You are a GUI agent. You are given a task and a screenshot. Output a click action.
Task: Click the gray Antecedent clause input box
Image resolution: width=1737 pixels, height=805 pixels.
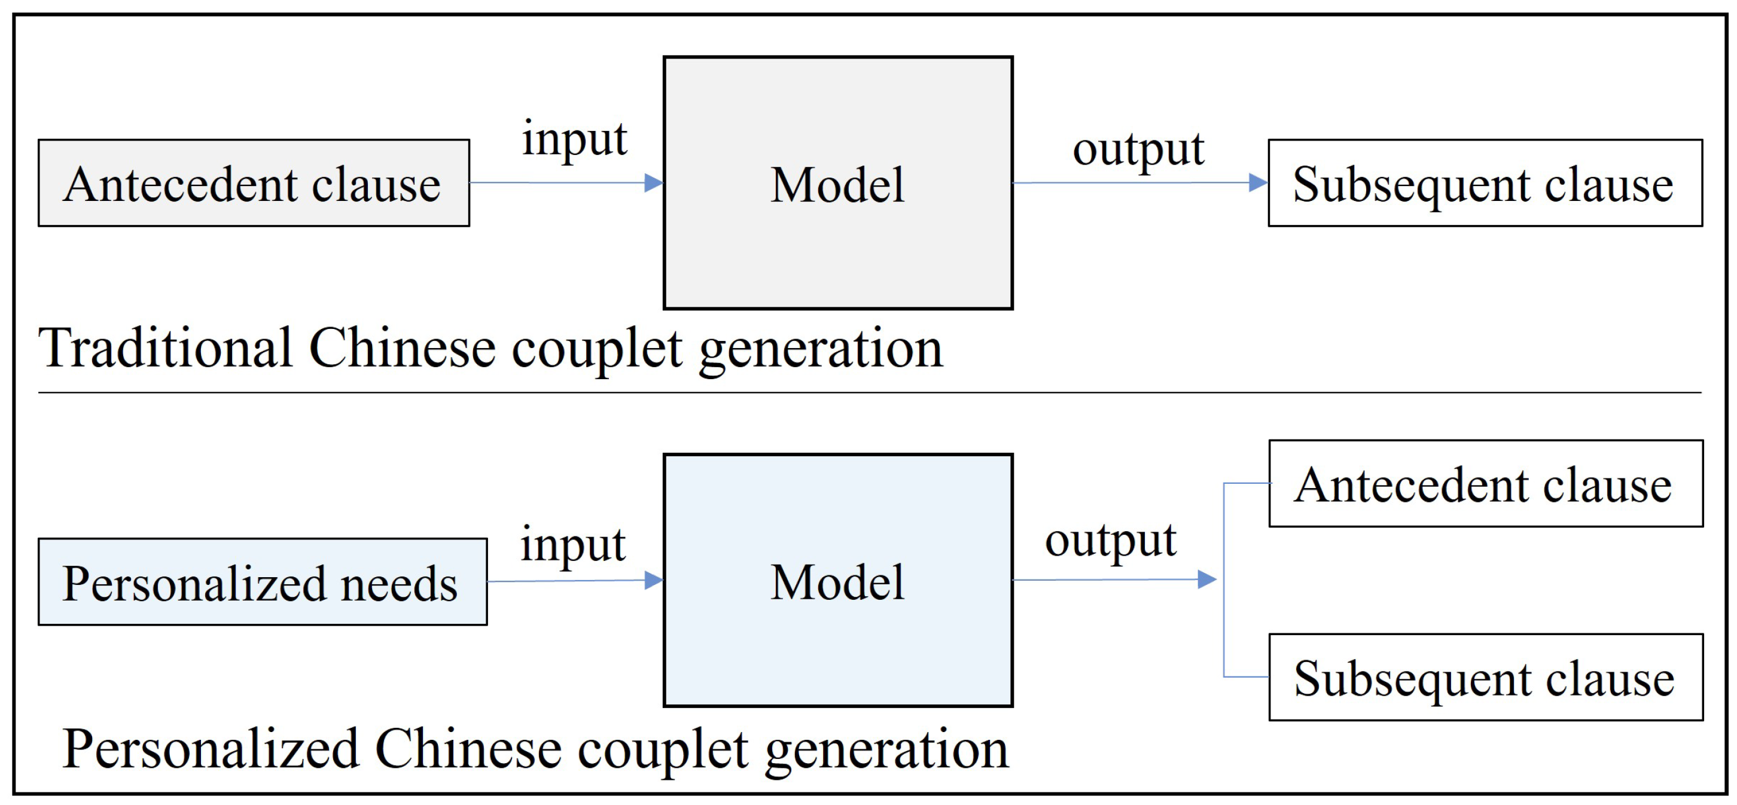coord(254,184)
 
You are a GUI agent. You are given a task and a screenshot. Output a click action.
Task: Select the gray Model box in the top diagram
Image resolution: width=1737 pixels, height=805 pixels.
coord(837,184)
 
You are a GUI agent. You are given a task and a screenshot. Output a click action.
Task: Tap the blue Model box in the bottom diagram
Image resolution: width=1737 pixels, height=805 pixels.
coord(837,581)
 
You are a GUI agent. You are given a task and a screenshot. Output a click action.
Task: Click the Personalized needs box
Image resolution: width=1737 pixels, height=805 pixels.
coord(263,582)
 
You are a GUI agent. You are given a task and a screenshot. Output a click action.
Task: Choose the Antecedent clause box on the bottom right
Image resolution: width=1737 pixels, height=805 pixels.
coord(1486,483)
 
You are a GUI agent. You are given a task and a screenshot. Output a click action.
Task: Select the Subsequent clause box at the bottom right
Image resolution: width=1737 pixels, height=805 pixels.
coord(1486,677)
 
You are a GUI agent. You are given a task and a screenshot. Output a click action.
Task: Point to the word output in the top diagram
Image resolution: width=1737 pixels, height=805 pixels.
coord(1138,150)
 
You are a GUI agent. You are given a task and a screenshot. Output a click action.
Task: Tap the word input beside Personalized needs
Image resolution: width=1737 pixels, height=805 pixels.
coord(572,545)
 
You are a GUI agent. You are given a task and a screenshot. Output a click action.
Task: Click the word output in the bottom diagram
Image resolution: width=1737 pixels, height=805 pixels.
coord(1111,541)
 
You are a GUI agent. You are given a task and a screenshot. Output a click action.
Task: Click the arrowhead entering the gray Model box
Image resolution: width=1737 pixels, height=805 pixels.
coord(653,182)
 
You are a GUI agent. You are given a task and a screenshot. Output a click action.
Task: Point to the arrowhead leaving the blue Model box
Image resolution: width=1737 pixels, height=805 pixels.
coord(1206,579)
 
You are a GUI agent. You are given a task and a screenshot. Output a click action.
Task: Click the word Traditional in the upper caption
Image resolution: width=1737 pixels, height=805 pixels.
coord(165,349)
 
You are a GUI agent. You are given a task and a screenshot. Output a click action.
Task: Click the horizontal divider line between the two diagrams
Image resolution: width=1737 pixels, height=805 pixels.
coord(870,392)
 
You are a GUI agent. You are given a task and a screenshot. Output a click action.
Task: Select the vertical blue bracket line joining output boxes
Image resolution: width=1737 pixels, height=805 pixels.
coord(1224,580)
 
